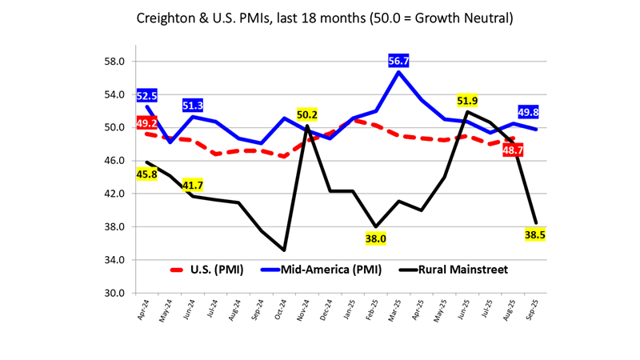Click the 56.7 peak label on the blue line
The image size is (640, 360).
coord(399,61)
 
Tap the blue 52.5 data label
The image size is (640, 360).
coord(146,96)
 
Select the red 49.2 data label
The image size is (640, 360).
coord(146,123)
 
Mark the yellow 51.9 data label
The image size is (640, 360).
coord(468,101)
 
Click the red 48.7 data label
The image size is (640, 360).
coord(513,150)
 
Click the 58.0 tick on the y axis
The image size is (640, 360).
coord(113,62)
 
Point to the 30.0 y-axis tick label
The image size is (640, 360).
coord(113,293)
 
